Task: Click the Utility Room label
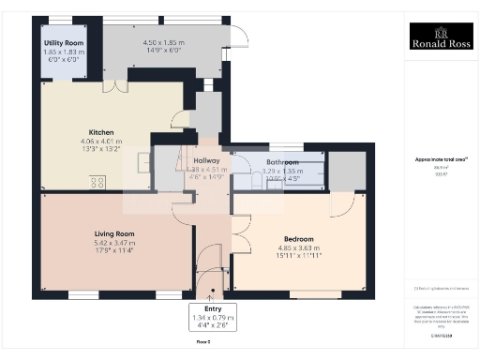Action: point(64,43)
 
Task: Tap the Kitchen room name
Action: point(101,131)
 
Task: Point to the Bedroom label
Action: point(300,239)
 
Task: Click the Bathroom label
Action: point(282,163)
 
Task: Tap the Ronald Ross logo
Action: point(441,40)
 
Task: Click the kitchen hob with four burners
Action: point(98,183)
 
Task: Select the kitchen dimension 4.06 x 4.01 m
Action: point(101,141)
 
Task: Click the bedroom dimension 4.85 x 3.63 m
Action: point(300,247)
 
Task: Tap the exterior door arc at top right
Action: point(239,37)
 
